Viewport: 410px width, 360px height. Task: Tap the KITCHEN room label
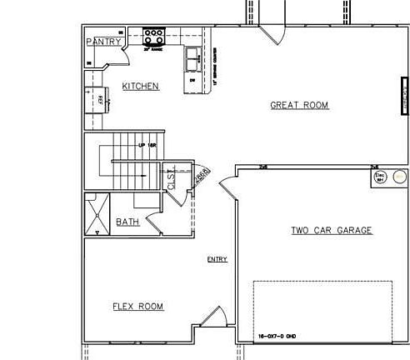click(141, 86)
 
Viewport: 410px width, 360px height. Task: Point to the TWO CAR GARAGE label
click(331, 230)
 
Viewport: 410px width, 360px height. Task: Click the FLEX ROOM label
click(138, 307)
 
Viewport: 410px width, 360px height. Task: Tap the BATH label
click(127, 222)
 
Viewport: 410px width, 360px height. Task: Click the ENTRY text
click(217, 260)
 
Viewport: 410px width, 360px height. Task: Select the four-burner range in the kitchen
click(154, 37)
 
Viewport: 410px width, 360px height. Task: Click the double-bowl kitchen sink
click(192, 56)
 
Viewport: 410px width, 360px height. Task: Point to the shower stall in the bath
click(97, 212)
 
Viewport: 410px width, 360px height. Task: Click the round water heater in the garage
click(399, 177)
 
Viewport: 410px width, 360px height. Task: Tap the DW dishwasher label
click(192, 81)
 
